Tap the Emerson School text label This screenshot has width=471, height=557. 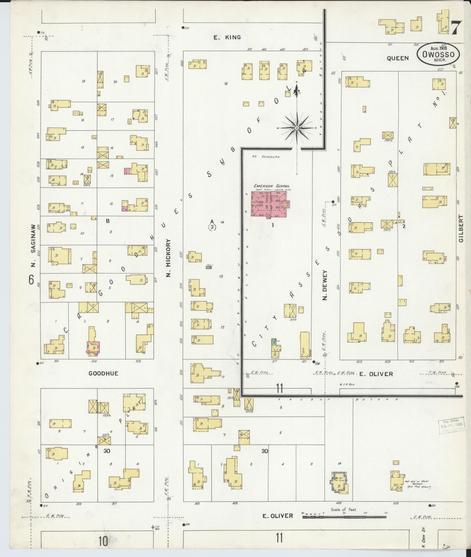[271, 186]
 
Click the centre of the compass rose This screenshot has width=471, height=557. [297, 127]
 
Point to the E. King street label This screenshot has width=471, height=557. [227, 37]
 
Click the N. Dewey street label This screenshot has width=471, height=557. [324, 285]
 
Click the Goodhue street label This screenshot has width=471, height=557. [103, 373]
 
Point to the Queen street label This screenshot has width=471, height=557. [398, 58]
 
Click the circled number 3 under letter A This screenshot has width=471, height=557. [212, 227]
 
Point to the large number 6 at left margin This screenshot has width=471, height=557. [31, 280]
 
